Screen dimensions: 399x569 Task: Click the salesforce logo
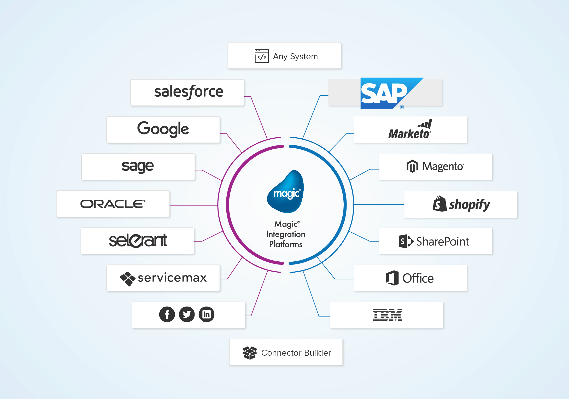click(189, 92)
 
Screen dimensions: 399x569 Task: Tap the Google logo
click(163, 129)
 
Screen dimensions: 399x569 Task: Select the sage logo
click(138, 167)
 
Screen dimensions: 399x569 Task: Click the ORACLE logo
click(113, 204)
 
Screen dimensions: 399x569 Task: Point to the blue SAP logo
click(386, 93)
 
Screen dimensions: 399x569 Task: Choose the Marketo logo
click(410, 130)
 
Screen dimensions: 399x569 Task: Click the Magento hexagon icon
click(412, 166)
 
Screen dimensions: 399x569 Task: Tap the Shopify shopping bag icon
click(439, 204)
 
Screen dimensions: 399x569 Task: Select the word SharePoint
click(443, 242)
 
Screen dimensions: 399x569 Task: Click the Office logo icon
click(392, 278)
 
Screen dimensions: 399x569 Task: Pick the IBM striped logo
click(388, 315)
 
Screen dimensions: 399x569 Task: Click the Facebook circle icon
click(167, 314)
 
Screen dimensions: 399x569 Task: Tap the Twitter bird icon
click(187, 314)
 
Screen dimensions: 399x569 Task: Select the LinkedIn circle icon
click(207, 314)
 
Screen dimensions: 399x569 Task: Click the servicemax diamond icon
click(127, 279)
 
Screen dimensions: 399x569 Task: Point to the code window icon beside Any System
click(262, 56)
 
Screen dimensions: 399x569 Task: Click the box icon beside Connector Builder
click(250, 353)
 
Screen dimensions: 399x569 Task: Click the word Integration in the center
click(286, 234)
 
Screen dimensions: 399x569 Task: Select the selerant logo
click(138, 240)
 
